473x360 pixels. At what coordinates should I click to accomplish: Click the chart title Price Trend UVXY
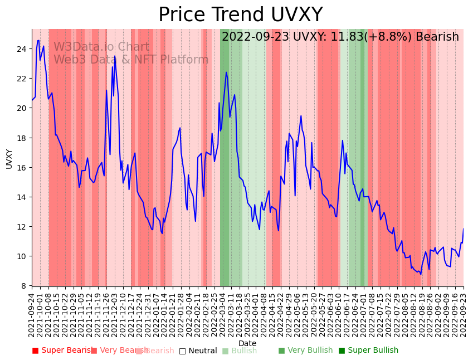240,15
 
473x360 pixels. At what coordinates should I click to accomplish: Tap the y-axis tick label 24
21,49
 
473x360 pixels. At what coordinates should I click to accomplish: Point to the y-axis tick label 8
23,286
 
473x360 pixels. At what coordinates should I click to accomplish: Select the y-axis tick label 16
21,167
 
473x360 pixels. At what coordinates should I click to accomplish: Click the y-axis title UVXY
9,158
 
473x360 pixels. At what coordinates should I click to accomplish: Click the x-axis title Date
247,343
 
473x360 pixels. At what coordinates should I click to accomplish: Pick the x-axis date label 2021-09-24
32,314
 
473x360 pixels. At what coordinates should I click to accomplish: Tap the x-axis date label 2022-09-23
463,314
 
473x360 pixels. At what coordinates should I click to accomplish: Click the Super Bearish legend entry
62,351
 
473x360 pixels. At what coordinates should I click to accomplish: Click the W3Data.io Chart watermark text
101,47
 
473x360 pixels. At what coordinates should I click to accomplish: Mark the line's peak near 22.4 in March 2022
226,72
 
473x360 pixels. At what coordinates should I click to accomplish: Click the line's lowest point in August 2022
421,274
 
